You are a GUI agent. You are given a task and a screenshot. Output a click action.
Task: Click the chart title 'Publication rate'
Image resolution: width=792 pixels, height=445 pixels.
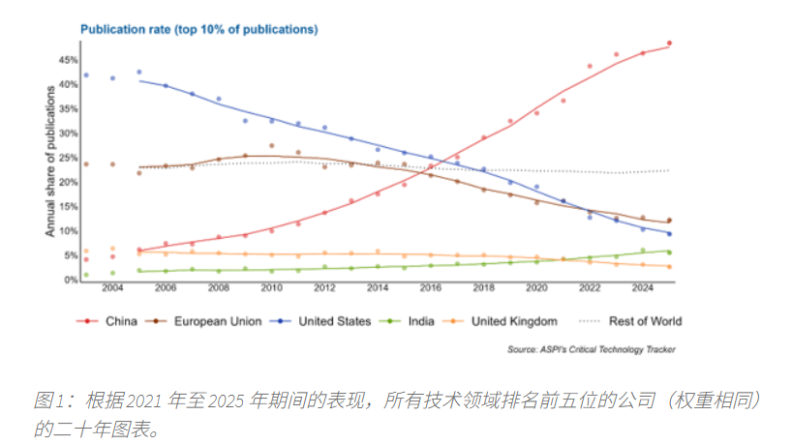[198, 29]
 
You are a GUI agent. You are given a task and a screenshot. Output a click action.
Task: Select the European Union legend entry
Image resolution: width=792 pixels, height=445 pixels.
[214, 321]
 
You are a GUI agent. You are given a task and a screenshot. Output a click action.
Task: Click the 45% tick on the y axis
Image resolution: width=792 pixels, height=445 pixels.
[67, 60]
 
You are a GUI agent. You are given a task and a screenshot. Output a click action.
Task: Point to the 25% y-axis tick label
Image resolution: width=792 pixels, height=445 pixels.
[67, 158]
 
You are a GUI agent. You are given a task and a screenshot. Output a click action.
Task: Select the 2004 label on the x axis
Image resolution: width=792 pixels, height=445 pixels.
[112, 290]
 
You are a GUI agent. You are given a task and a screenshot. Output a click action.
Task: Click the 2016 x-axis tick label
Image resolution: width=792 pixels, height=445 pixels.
[431, 290]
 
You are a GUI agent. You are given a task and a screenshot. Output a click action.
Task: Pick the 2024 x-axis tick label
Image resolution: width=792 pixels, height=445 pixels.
[643, 290]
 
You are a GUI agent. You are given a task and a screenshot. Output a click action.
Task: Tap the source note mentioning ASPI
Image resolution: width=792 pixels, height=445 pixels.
[591, 348]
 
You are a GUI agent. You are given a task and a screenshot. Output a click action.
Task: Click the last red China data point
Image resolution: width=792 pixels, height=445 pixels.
[669, 44]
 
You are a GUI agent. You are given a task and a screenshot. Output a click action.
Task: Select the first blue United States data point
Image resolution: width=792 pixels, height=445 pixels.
[86, 75]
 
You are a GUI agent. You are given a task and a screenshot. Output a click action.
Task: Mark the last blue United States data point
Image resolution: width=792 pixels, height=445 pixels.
[669, 233]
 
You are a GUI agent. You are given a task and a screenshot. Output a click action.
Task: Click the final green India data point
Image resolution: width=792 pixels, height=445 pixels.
[669, 252]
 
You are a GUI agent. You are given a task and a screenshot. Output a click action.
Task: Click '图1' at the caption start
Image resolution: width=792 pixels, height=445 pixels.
[48, 400]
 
